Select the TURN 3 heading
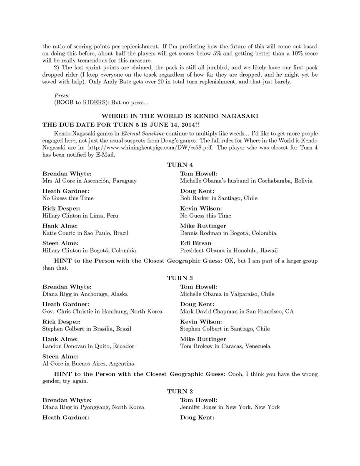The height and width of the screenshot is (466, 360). (180, 278)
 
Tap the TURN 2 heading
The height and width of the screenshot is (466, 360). (180, 391)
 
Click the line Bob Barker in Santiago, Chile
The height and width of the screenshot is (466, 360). (216, 198)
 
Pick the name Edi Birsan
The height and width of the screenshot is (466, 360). (195, 243)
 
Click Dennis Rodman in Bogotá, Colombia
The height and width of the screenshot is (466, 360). (228, 233)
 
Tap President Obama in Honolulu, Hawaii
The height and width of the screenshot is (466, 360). (229, 251)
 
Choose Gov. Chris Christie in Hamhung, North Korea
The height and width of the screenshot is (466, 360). (102, 311)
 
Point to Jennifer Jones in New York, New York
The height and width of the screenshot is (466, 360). (230, 407)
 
